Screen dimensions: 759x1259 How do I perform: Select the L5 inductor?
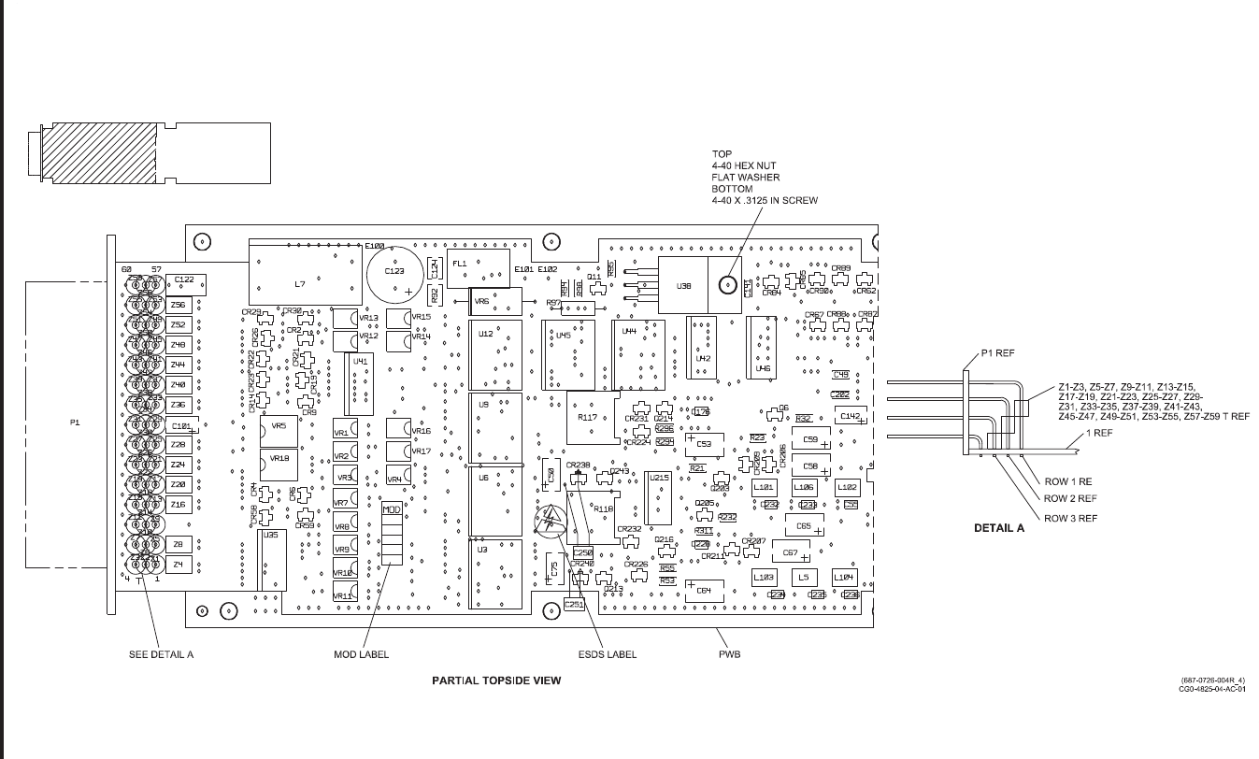[804, 578]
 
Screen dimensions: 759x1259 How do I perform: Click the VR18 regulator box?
[279, 459]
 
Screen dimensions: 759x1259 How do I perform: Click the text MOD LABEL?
[362, 654]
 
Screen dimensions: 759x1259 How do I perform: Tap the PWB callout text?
[729, 654]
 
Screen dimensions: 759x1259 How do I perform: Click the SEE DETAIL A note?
[160, 654]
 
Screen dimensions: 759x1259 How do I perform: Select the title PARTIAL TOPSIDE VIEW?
[496, 680]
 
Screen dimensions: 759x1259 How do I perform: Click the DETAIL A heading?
[999, 528]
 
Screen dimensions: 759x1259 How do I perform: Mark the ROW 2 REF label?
[1070, 499]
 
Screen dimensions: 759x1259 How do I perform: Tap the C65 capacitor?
[804, 526]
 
